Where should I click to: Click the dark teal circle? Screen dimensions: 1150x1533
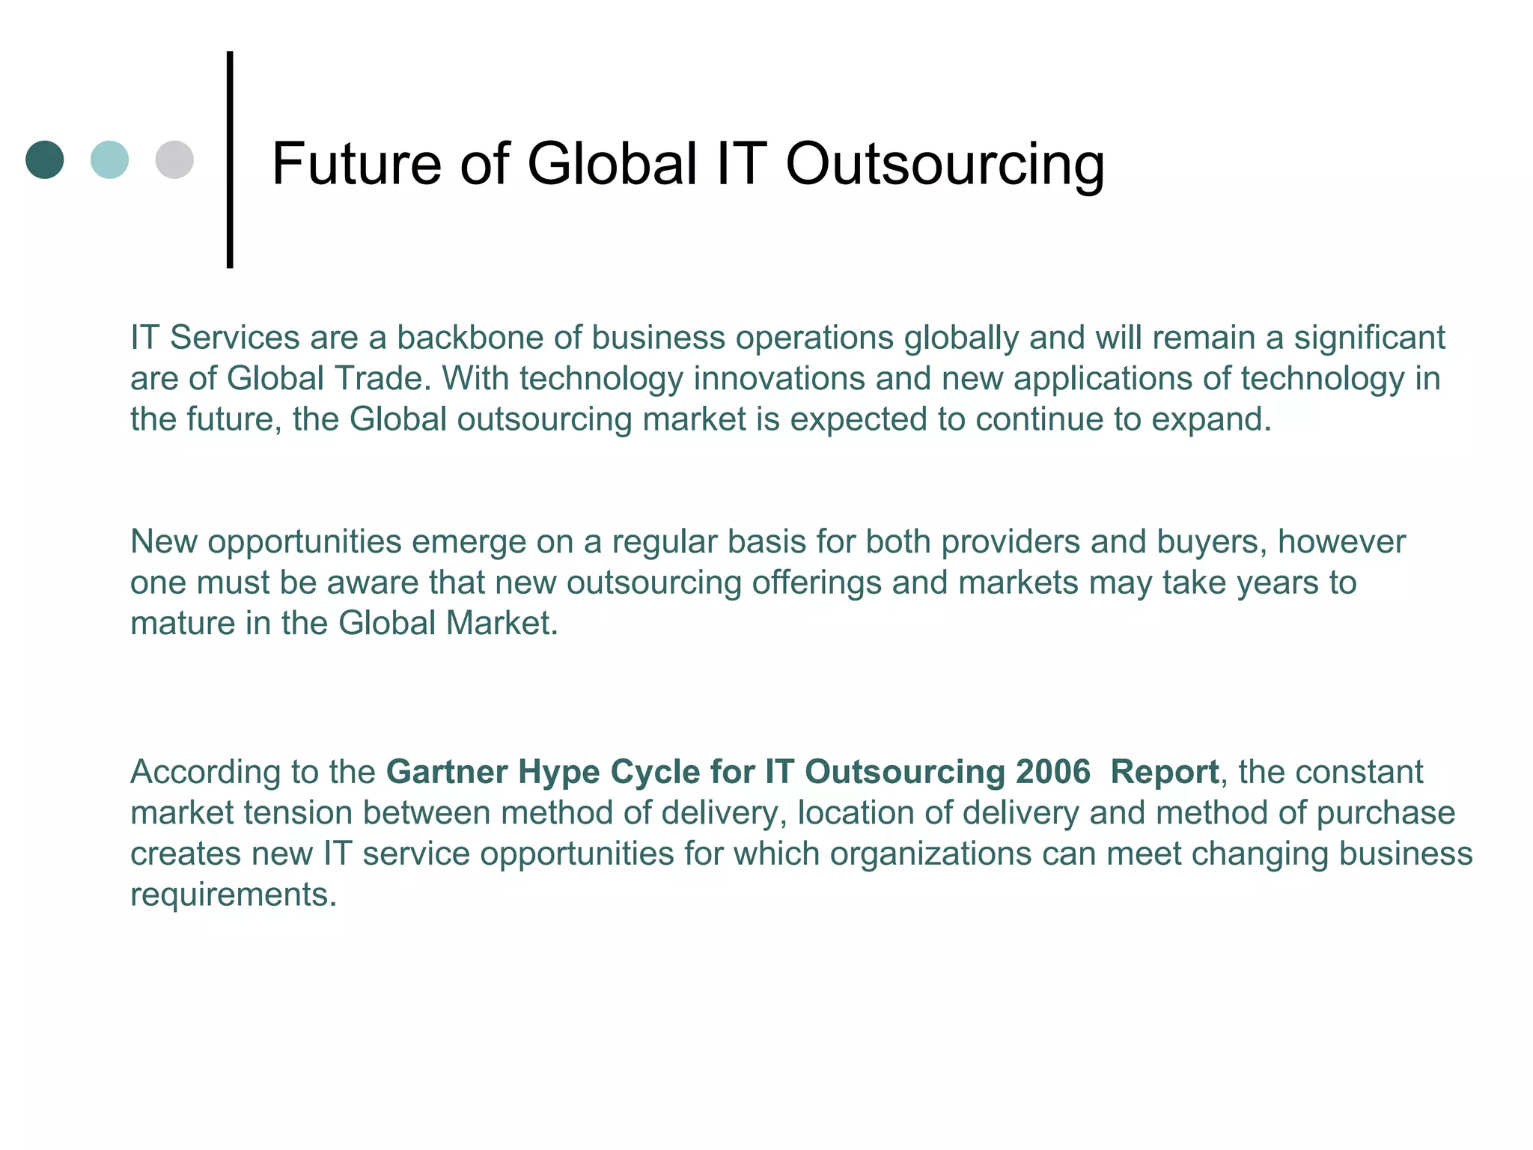[45, 159]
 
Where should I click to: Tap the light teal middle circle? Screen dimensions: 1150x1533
[109, 159]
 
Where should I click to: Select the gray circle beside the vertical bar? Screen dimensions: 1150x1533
[174, 159]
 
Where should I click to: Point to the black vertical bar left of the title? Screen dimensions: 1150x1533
[230, 159]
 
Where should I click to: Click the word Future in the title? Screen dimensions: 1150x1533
[356, 164]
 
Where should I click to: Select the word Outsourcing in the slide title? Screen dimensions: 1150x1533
[945, 164]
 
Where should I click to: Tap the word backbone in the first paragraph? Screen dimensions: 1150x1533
[470, 338]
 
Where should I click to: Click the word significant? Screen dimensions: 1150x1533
[1369, 338]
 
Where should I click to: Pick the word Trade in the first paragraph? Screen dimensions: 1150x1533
[383, 378]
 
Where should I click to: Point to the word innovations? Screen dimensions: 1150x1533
[779, 378]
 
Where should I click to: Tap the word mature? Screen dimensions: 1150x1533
[183, 623]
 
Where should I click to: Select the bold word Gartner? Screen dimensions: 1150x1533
[447, 772]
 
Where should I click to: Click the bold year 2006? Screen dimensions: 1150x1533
[1052, 772]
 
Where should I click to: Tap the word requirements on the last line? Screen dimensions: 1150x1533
[233, 895]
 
